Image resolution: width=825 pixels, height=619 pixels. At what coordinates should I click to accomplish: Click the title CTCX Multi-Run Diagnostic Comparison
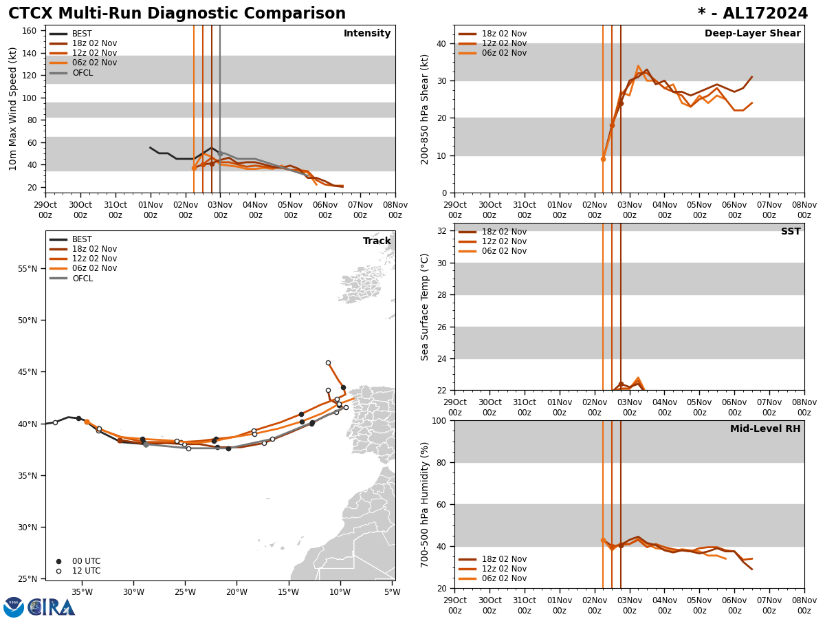pyautogui.click(x=177, y=14)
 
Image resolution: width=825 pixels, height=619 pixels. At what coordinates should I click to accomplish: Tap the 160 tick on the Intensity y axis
pyautogui.click(x=30, y=31)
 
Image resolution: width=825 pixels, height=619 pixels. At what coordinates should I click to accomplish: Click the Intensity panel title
pyautogui.click(x=367, y=34)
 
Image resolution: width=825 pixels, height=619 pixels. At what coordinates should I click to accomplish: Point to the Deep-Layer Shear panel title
pyautogui.click(x=752, y=34)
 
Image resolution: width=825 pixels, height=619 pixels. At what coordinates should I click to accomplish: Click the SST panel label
pyautogui.click(x=791, y=232)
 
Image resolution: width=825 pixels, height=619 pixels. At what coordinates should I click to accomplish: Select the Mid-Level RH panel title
pyautogui.click(x=765, y=429)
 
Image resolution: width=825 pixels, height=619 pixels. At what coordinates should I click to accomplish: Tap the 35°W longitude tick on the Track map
pyautogui.click(x=82, y=592)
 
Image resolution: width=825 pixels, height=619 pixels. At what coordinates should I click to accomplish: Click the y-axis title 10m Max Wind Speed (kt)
pyautogui.click(x=13, y=109)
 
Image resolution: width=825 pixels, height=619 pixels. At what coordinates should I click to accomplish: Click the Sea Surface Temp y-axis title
pyautogui.click(x=425, y=307)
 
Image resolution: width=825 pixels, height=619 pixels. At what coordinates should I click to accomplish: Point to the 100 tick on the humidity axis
pyautogui.click(x=441, y=421)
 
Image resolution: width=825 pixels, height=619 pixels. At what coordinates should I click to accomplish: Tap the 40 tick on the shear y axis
pyautogui.click(x=441, y=43)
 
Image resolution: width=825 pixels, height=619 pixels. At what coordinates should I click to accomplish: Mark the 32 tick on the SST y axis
pyautogui.click(x=443, y=231)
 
